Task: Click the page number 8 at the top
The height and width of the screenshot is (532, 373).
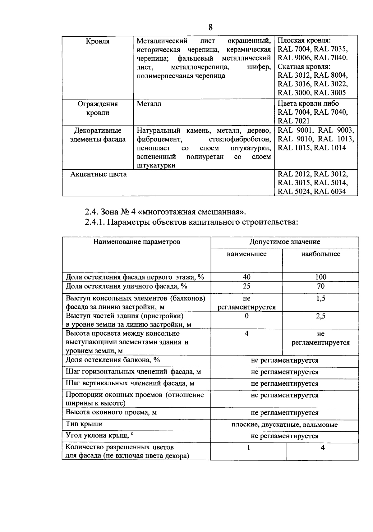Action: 210,28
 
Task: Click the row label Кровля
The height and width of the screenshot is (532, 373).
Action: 98,41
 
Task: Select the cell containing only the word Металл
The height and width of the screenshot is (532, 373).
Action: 149,104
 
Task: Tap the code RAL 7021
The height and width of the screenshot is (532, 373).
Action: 293,121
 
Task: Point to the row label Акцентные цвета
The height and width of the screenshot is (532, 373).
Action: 98,174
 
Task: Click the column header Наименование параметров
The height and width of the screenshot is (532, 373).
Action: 137,242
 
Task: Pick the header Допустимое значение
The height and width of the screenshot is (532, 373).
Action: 284,242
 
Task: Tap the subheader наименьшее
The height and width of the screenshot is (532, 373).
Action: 246,254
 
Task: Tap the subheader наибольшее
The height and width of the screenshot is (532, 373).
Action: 320,254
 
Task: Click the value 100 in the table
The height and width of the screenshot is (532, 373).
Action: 320,277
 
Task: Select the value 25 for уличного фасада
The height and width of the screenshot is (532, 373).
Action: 246,286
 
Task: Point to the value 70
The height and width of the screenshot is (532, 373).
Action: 320,286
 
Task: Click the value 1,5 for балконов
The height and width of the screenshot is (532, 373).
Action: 320,299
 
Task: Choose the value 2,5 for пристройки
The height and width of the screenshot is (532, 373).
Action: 320,316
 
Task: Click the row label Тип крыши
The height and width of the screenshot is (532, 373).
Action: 84,424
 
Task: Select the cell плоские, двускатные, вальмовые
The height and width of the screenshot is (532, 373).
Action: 284,424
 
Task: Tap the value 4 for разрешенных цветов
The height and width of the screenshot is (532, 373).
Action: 323,447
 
